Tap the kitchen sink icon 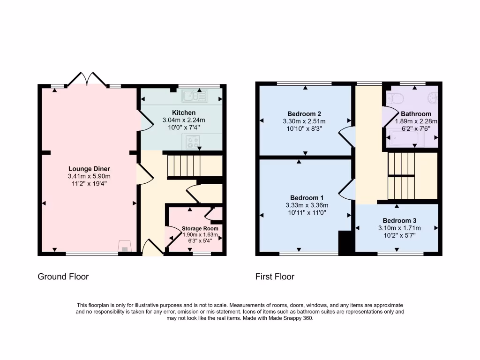[x=195, y=97]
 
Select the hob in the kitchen [x=192, y=142]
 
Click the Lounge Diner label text [x=89, y=169]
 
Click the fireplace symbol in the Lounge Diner [x=124, y=247]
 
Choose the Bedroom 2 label [x=304, y=113]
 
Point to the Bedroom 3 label [x=399, y=220]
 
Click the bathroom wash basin [x=434, y=98]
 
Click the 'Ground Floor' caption [x=63, y=277]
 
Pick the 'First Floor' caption [x=275, y=277]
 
